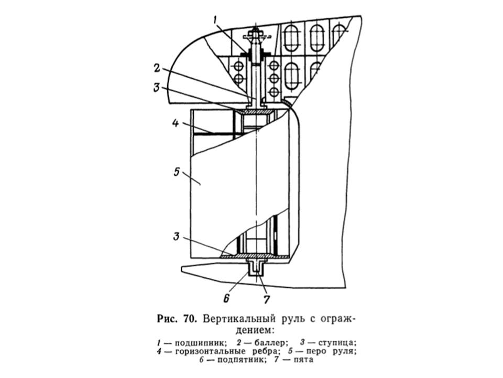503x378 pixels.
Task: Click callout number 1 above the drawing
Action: [x=215, y=20]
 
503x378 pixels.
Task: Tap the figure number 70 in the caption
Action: [x=189, y=319]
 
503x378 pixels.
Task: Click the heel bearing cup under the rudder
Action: [x=256, y=268]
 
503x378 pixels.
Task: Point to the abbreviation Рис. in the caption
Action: [x=168, y=319]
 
